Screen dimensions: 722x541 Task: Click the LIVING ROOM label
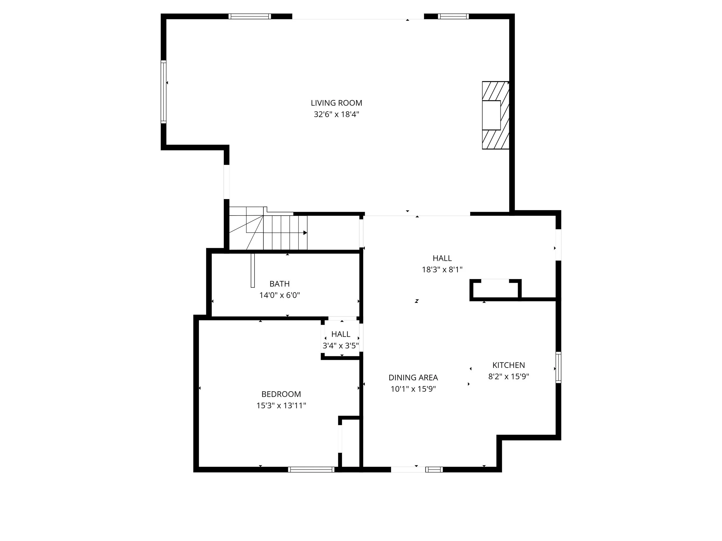coord(336,103)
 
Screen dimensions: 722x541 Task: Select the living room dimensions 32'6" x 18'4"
coord(336,115)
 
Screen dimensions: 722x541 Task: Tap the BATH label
coord(279,284)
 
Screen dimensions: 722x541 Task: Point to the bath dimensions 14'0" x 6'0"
coord(279,295)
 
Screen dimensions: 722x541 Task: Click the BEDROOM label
coord(281,394)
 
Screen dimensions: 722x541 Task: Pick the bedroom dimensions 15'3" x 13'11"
coord(281,406)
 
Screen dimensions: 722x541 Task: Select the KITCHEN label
coord(509,365)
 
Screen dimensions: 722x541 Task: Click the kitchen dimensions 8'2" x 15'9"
coord(509,377)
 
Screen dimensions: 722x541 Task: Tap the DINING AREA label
coord(413,378)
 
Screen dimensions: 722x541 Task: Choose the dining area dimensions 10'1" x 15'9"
coord(413,389)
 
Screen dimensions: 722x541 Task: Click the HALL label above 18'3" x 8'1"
coord(442,258)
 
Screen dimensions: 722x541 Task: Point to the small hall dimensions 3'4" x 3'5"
coord(341,346)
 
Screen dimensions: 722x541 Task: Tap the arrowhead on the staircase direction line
coord(305,233)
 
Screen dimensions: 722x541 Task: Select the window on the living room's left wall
coord(163,92)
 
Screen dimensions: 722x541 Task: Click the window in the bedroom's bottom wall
coord(311,469)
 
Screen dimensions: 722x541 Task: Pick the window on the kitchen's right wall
coord(559,367)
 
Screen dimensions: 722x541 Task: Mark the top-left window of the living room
coord(250,16)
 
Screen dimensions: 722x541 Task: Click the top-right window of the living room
coord(453,16)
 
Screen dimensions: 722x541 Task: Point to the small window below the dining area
coord(434,469)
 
